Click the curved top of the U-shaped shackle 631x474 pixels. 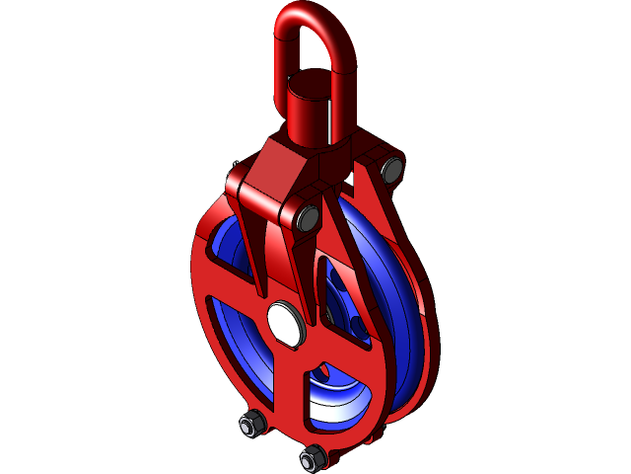307,14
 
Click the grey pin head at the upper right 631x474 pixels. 390,170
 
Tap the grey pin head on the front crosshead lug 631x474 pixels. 306,218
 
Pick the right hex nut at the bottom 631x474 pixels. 313,457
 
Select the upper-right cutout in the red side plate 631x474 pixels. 340,296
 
